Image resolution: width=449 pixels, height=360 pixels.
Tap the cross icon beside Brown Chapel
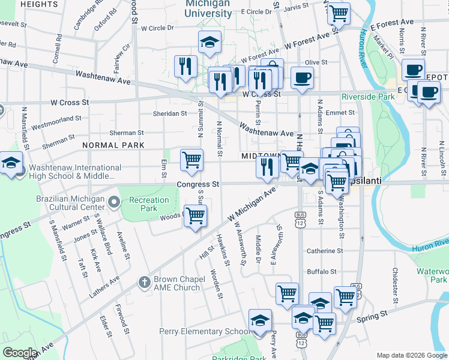point(144,282)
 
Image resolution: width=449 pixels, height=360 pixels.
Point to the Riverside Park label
point(369,97)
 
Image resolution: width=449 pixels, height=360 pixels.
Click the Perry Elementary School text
point(204,331)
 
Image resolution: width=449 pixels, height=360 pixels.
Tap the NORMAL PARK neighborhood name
point(113,145)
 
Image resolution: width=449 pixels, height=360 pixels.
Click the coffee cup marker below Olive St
point(302,78)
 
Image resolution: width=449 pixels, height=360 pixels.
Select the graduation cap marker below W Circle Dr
point(209,42)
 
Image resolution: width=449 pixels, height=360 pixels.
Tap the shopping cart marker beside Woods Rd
point(195,216)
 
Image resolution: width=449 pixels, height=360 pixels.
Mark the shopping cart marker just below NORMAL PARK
point(191,160)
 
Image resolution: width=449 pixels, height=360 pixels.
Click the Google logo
point(20,353)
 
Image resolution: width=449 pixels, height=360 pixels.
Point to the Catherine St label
point(325,251)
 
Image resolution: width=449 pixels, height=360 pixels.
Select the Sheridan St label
point(170,113)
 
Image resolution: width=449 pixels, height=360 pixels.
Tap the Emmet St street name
point(341,112)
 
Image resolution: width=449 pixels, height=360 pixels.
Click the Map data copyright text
point(412,355)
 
